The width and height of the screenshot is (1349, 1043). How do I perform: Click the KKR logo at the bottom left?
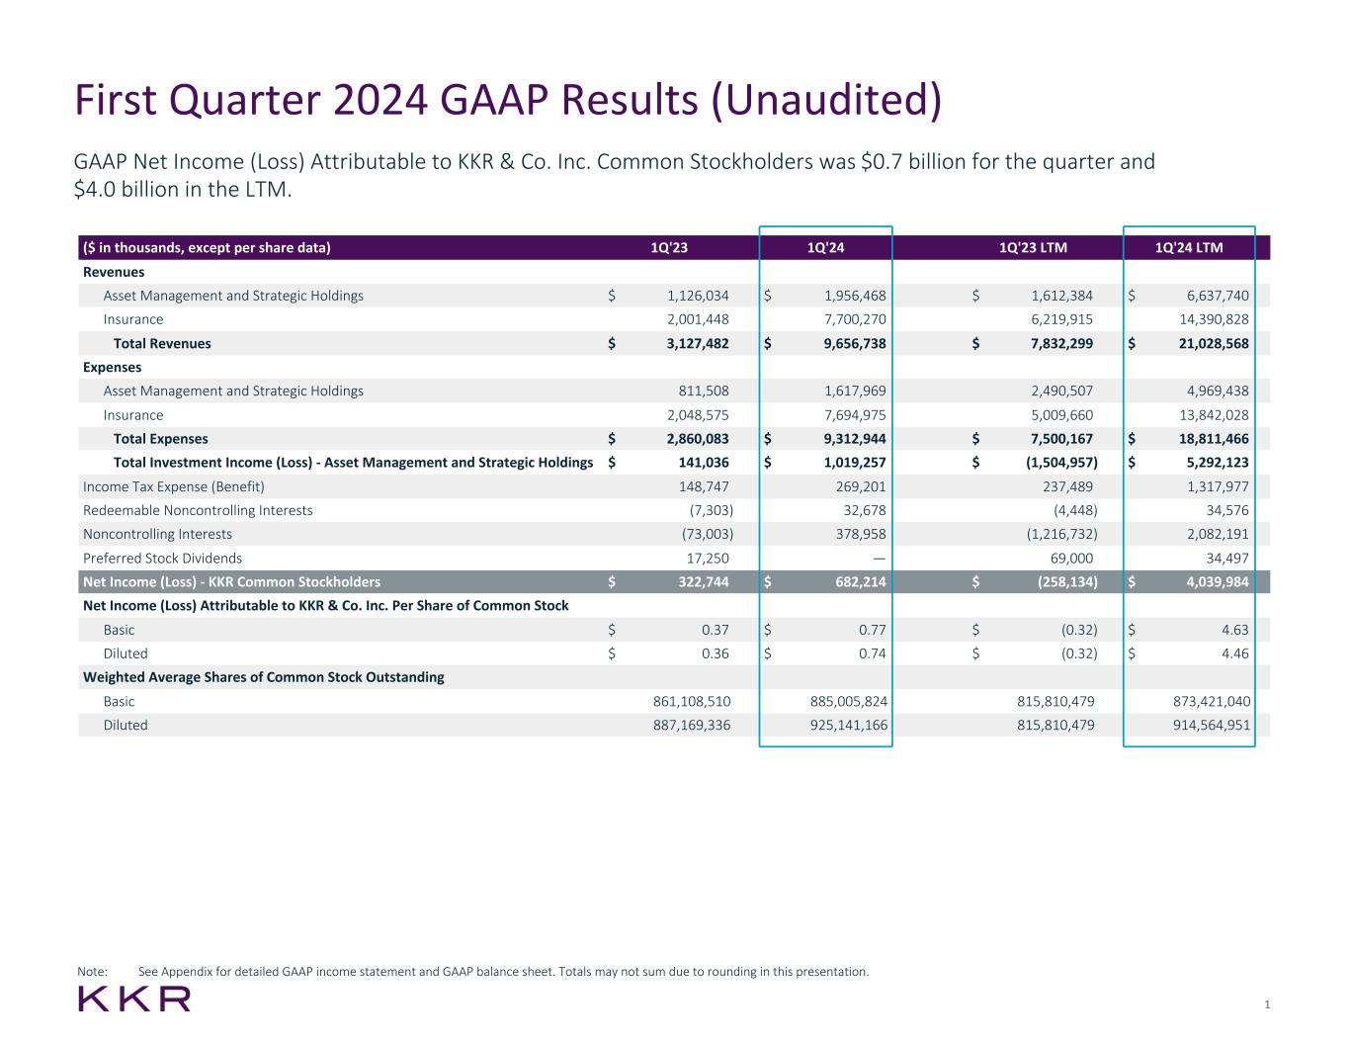[134, 999]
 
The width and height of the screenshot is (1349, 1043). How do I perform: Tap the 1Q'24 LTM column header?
[1189, 247]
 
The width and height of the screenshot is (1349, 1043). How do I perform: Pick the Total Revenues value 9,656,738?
[842, 343]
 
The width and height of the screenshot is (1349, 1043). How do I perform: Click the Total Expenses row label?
[160, 439]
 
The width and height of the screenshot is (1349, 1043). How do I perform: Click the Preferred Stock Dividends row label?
[162, 559]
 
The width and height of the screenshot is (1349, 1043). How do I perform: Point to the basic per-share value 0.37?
[714, 630]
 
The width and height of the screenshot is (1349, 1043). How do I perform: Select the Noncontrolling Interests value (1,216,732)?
[1052, 534]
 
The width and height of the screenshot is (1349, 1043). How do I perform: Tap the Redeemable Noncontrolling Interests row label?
[198, 510]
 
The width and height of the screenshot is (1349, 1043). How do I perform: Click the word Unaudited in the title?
[825, 101]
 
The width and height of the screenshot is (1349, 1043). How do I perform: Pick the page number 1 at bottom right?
[1267, 1004]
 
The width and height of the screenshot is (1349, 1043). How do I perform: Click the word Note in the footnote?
[91, 972]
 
